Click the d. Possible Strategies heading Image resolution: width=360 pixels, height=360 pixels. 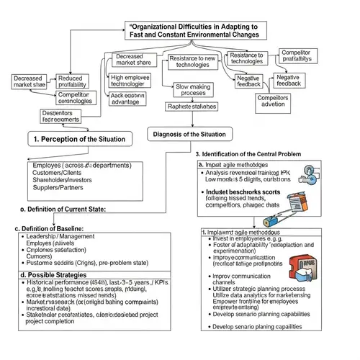(54, 274)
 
